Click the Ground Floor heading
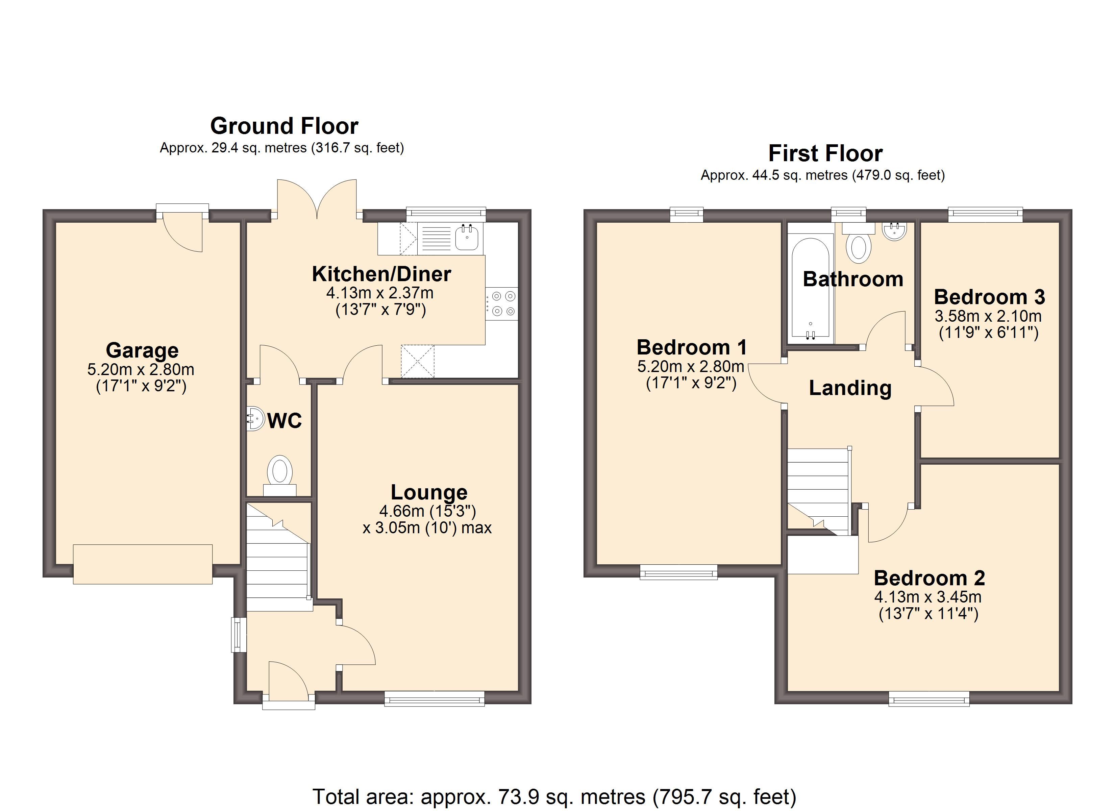point(284,126)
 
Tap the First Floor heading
point(825,153)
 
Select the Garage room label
point(142,350)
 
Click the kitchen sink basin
point(466,238)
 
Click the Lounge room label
point(429,492)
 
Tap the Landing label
point(850,388)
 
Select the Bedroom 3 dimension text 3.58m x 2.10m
point(988,316)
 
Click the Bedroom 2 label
point(929,578)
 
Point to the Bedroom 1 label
point(691,347)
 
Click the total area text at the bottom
point(554,796)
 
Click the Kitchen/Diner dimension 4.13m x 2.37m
point(380,293)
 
